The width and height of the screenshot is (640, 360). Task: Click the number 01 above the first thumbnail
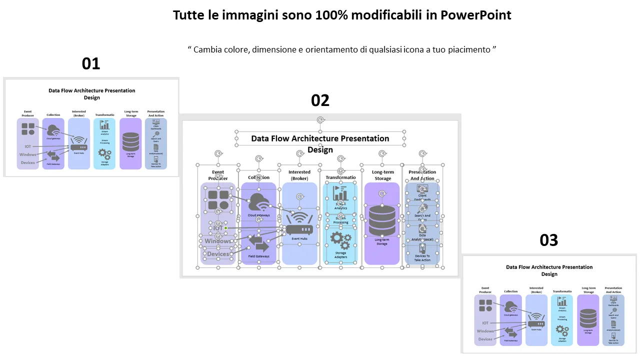click(x=91, y=63)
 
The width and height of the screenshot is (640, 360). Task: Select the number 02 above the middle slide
click(x=320, y=100)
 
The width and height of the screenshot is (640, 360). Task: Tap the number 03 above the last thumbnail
click(x=549, y=240)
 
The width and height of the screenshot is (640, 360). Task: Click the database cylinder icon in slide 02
click(x=382, y=221)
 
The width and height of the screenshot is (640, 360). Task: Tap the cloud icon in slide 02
click(x=259, y=202)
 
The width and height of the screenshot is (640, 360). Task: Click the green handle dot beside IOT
click(x=225, y=228)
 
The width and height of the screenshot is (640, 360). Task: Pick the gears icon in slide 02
click(x=340, y=240)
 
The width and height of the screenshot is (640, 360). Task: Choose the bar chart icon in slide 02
click(x=340, y=192)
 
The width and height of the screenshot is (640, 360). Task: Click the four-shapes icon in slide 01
click(x=28, y=128)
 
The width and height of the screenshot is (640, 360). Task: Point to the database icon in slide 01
click(x=130, y=142)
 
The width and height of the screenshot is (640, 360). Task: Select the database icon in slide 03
click(x=588, y=318)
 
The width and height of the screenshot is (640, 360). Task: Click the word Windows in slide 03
click(x=485, y=331)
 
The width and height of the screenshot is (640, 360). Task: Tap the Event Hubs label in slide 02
click(x=299, y=239)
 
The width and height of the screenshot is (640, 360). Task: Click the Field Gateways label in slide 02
click(x=258, y=256)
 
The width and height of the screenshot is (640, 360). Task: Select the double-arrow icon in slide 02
click(x=259, y=243)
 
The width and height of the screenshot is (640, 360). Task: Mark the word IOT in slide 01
click(x=28, y=146)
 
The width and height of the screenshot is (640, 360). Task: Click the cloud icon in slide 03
click(x=510, y=306)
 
